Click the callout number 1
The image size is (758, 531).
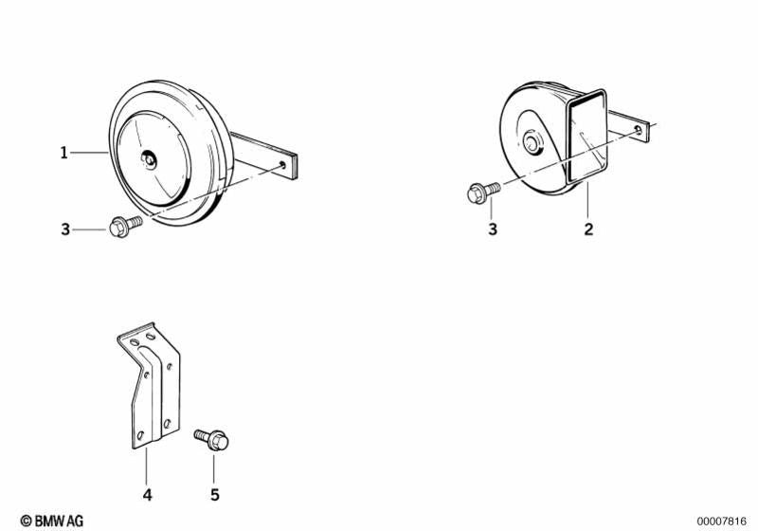(x=64, y=152)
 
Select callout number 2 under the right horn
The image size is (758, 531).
(x=588, y=229)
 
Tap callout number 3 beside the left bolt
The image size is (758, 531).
(x=65, y=229)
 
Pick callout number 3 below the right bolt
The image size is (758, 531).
(x=492, y=229)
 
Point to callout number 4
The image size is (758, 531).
(x=147, y=494)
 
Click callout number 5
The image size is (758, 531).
(x=214, y=494)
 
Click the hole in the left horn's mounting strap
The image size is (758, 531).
(x=283, y=165)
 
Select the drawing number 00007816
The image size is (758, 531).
(x=722, y=521)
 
